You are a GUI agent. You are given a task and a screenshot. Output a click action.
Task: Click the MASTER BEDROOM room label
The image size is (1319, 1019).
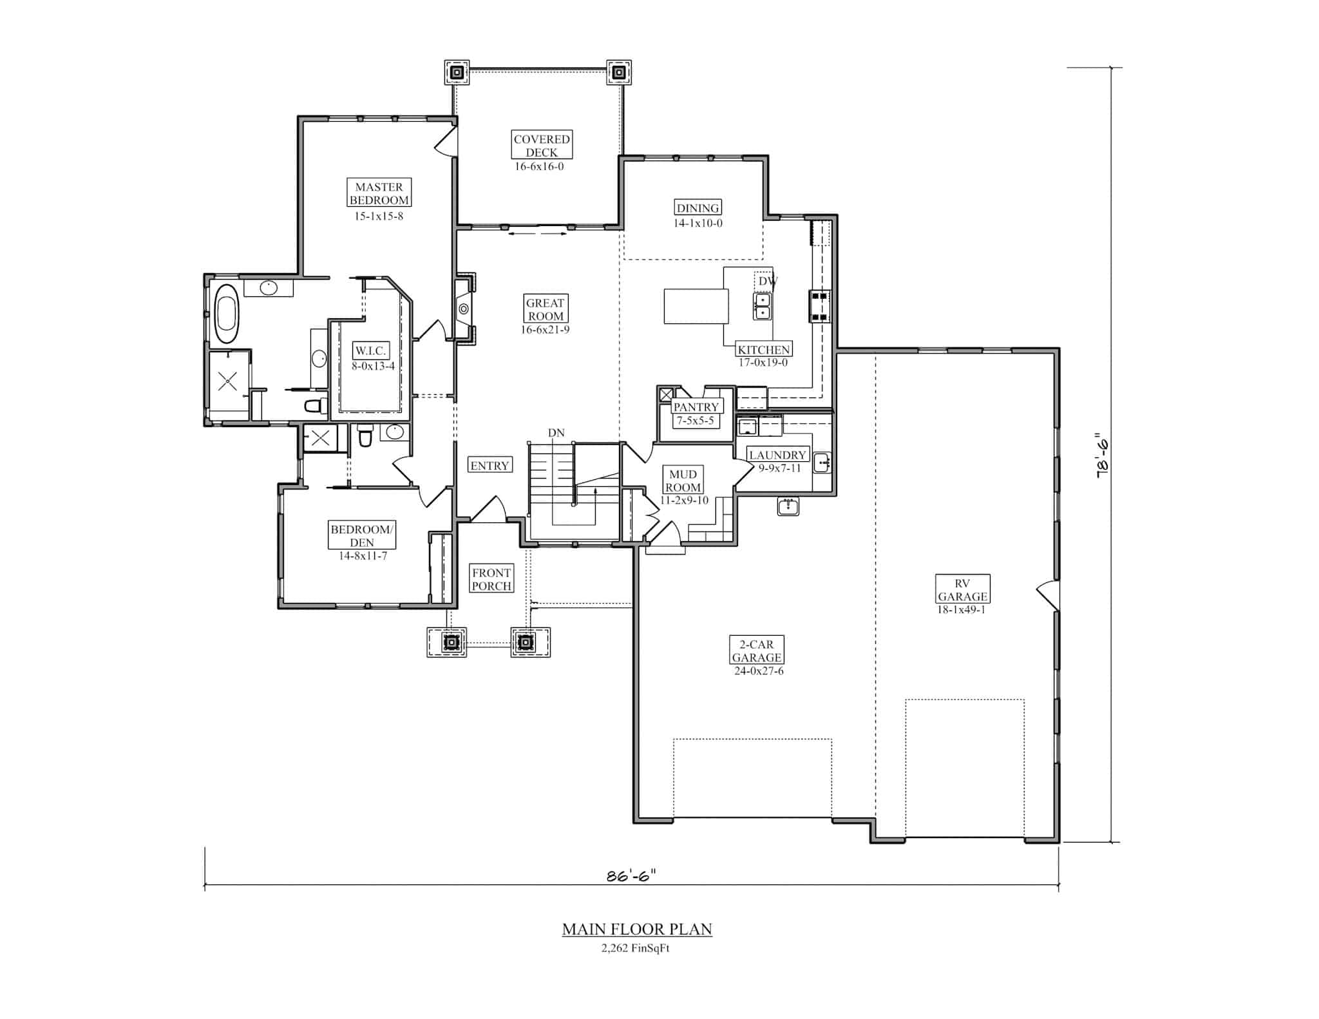[x=379, y=193]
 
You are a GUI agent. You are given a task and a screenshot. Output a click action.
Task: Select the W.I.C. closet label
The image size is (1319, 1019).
[x=370, y=351]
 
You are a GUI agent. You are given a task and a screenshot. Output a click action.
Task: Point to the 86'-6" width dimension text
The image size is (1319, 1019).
[x=631, y=876]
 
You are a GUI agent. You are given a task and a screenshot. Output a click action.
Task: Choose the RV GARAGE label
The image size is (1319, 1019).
[x=962, y=590]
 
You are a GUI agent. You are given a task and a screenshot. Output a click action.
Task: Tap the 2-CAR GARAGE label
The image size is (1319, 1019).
[x=757, y=651]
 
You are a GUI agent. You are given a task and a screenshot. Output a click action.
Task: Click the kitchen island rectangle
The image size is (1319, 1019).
[x=696, y=306]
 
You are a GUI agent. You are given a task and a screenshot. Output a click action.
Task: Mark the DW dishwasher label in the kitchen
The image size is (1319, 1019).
[x=766, y=281]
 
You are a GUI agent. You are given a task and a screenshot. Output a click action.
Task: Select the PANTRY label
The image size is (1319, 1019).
[x=696, y=407]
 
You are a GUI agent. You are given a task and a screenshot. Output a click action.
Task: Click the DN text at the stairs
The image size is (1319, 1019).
[x=556, y=433]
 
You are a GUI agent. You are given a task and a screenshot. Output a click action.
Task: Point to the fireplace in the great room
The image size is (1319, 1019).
[x=464, y=309]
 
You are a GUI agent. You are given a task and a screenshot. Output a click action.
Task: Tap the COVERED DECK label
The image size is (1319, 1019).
[x=542, y=146]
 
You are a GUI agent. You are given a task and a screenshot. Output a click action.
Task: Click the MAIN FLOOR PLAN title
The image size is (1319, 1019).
[x=637, y=929]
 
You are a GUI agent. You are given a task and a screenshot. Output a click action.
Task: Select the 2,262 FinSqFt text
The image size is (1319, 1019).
[x=636, y=948]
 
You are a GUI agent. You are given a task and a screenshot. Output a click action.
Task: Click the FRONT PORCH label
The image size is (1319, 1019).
[x=491, y=579]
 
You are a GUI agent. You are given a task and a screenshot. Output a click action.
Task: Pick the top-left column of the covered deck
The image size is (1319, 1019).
[x=457, y=72]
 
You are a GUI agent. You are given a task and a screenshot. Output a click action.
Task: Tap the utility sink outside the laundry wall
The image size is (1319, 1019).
[x=788, y=506]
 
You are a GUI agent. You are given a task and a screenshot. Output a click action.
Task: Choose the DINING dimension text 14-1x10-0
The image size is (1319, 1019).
[x=697, y=224]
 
